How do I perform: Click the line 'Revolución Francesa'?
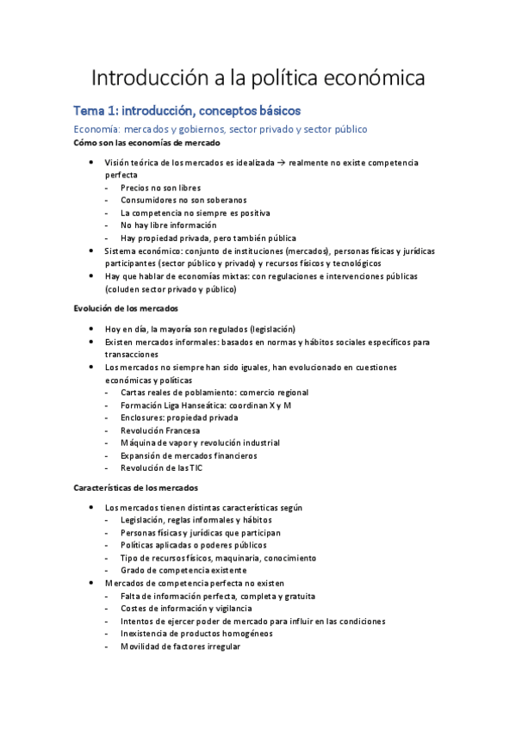pos(160,430)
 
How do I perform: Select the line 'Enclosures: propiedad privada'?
pos(179,418)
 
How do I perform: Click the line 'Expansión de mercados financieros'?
pos(189,455)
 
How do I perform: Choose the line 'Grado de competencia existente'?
pos(183,570)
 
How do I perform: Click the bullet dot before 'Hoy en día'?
pos(93,329)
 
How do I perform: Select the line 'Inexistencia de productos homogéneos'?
pos(196,634)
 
